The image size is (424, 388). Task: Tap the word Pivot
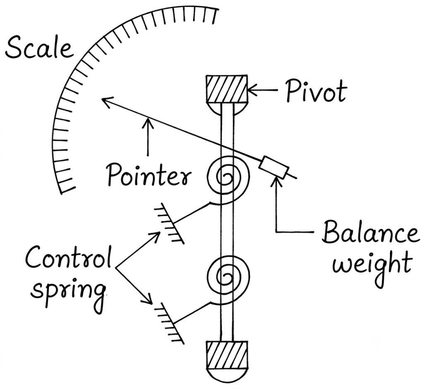(x=316, y=91)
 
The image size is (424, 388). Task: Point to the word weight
(x=372, y=267)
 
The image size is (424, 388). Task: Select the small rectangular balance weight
(x=274, y=167)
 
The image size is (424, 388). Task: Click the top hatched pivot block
(x=226, y=90)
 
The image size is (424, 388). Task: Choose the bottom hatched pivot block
(x=226, y=355)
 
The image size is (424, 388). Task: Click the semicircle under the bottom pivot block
(x=226, y=376)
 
